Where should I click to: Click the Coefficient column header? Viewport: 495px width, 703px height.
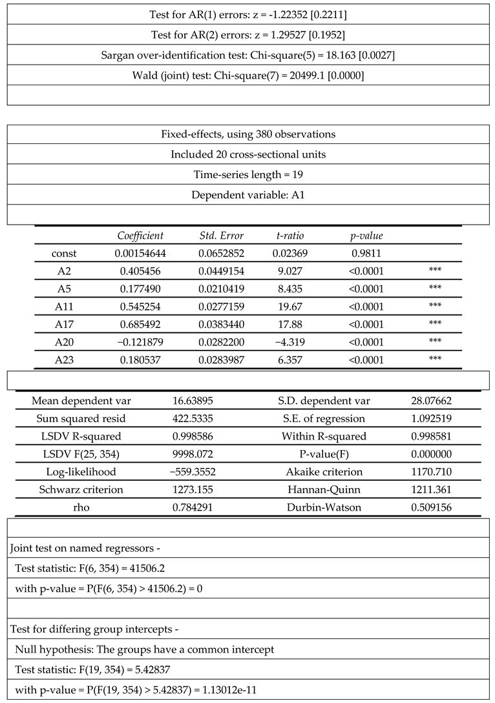pos(140,236)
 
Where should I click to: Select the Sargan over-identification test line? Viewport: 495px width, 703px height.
pos(247,56)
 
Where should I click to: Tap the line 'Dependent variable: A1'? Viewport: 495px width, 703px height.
pos(247,195)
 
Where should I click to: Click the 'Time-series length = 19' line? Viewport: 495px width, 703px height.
pos(247,175)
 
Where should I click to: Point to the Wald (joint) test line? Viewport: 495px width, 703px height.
pos(247,76)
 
